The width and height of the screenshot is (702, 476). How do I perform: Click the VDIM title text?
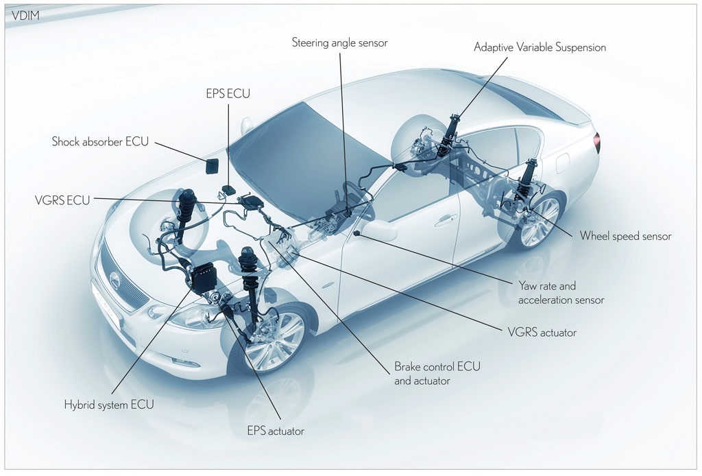point(25,16)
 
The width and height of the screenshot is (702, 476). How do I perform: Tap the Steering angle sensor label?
point(339,43)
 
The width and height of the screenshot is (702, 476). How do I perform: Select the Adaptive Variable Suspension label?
point(540,47)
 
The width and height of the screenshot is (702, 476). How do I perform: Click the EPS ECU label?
point(228,93)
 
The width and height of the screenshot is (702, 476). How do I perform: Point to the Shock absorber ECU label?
point(100,141)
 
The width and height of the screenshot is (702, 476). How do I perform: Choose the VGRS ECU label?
point(62,200)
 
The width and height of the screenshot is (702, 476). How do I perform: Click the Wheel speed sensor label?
point(625,236)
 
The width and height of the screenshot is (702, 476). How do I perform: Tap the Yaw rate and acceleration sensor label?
point(561,293)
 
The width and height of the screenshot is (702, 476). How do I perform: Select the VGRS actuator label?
point(542,333)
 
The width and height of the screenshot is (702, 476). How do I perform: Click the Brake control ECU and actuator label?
point(437,373)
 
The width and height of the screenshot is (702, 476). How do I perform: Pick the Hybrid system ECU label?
point(109,405)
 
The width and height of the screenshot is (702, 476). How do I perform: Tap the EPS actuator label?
point(276,431)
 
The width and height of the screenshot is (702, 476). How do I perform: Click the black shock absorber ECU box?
point(213,166)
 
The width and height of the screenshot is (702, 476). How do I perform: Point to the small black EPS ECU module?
point(230,190)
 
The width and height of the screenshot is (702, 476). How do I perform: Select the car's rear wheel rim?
point(540,220)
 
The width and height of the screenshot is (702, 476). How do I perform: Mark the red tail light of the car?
point(596,143)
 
